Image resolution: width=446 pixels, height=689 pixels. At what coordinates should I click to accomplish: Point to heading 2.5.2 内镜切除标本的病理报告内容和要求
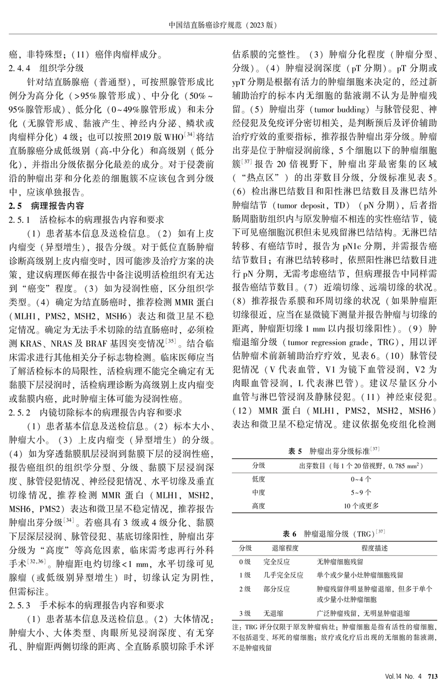[x=96, y=411]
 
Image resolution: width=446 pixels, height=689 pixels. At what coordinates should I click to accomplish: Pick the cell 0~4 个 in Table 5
[x=361, y=478]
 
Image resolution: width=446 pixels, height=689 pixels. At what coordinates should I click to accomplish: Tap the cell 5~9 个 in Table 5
[x=361, y=492]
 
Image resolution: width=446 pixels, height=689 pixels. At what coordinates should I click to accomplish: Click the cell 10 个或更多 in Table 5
[x=361, y=505]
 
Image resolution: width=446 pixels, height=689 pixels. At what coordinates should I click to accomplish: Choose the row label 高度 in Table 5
[x=259, y=505]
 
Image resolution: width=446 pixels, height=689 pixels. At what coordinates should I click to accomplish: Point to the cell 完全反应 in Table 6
[x=277, y=562]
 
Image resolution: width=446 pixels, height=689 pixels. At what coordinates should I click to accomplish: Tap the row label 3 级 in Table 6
[x=245, y=613]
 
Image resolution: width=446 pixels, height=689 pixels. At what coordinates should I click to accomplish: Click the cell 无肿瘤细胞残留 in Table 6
[x=340, y=562]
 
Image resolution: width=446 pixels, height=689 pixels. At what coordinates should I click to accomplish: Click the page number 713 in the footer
[x=433, y=677]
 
